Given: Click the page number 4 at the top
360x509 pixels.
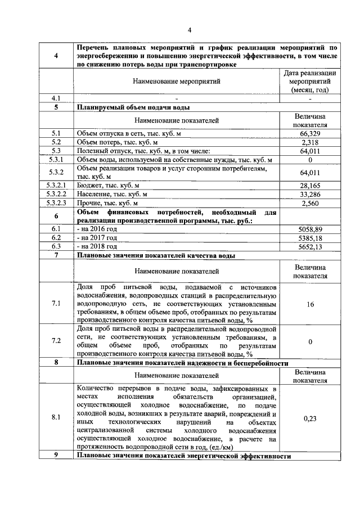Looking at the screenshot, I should [190, 30].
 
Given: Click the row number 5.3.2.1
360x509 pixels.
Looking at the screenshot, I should [56, 185].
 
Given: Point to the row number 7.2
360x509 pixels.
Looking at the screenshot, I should [56, 341].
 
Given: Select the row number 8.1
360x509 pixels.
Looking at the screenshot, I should [56, 418].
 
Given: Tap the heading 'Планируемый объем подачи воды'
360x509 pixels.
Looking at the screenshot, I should [133, 107].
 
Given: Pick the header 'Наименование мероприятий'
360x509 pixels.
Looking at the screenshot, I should [177, 81].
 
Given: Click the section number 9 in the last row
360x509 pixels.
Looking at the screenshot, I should [56, 455].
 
